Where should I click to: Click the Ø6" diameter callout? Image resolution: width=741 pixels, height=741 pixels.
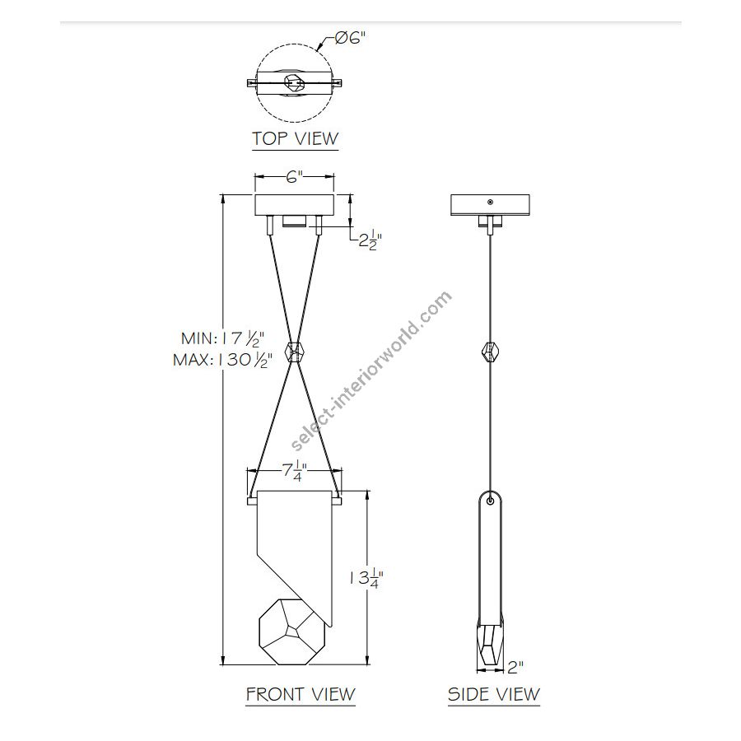[350, 37]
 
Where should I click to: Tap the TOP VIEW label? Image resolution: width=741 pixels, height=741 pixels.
[296, 138]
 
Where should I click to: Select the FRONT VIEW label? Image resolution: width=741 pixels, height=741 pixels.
[301, 694]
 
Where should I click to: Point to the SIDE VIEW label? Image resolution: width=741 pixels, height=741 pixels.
[494, 694]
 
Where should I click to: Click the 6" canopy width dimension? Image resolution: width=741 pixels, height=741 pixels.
[294, 177]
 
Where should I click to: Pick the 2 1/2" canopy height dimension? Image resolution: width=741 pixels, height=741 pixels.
[370, 240]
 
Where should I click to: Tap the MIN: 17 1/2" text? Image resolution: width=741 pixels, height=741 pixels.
[222, 338]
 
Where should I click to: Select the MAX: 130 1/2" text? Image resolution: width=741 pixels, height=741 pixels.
[222, 360]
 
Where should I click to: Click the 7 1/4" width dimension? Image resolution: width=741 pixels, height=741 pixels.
[295, 471]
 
